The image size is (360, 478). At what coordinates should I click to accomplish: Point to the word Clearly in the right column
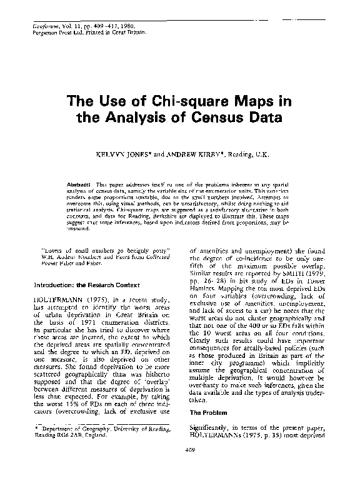[x=201, y=331]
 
